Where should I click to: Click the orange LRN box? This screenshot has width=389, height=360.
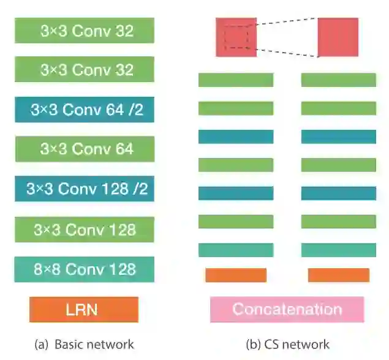84,309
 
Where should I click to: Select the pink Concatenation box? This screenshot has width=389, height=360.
287,309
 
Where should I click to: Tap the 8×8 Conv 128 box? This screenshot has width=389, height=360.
84,269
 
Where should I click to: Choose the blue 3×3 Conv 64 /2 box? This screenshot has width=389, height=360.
84,110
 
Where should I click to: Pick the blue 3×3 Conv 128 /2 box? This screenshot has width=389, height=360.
84,189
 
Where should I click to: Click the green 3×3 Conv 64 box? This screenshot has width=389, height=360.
84,149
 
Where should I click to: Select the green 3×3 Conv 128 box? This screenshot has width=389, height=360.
84,230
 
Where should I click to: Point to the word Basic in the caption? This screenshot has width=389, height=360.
68,344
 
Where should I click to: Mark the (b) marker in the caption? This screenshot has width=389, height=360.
253,344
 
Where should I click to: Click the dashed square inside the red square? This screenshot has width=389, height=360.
236,37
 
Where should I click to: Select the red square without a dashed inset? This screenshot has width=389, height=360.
338,37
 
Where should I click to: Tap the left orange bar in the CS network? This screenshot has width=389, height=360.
236,275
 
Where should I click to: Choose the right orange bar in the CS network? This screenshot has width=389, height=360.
338,275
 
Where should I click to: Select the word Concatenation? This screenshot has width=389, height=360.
287,309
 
